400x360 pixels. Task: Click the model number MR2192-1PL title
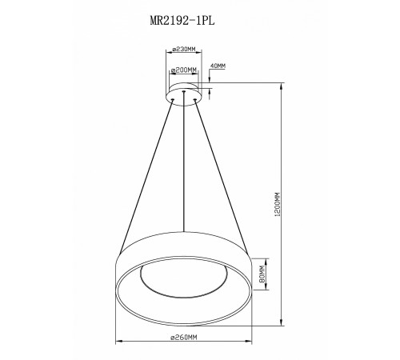pos(182,20)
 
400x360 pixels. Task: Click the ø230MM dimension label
pos(184,49)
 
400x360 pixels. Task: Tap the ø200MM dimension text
pos(184,70)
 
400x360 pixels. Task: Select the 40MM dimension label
pos(218,66)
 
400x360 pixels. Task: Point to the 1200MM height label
pos(278,204)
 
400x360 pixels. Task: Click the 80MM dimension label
pos(262,274)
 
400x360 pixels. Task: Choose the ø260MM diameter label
pos(184,338)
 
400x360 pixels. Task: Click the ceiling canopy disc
pos(183,94)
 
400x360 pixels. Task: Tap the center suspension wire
pos(183,162)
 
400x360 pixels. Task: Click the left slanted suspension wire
pos(146,176)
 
